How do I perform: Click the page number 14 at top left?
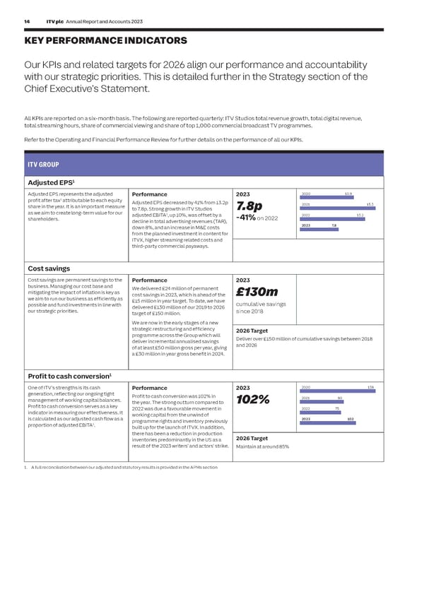pos(25,22)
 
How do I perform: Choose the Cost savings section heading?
pos(49,268)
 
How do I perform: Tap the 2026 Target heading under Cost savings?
pos(251,331)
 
